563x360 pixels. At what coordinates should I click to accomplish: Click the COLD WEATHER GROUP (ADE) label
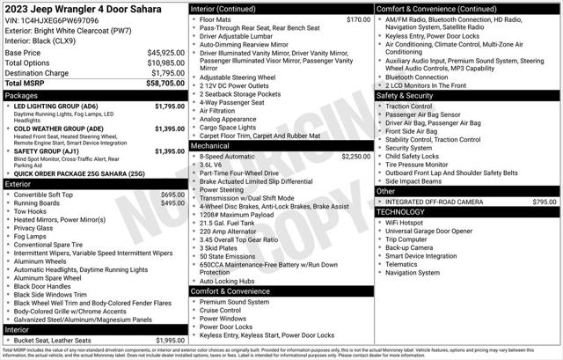(x=59, y=129)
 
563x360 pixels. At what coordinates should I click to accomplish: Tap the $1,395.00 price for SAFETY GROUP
(x=169, y=151)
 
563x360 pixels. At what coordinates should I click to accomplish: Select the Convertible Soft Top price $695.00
(x=172, y=195)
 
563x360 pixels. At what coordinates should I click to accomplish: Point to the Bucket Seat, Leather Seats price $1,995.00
(x=170, y=340)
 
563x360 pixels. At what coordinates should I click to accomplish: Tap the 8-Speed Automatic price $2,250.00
(x=355, y=156)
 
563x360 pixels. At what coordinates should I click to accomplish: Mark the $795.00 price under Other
(x=545, y=202)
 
